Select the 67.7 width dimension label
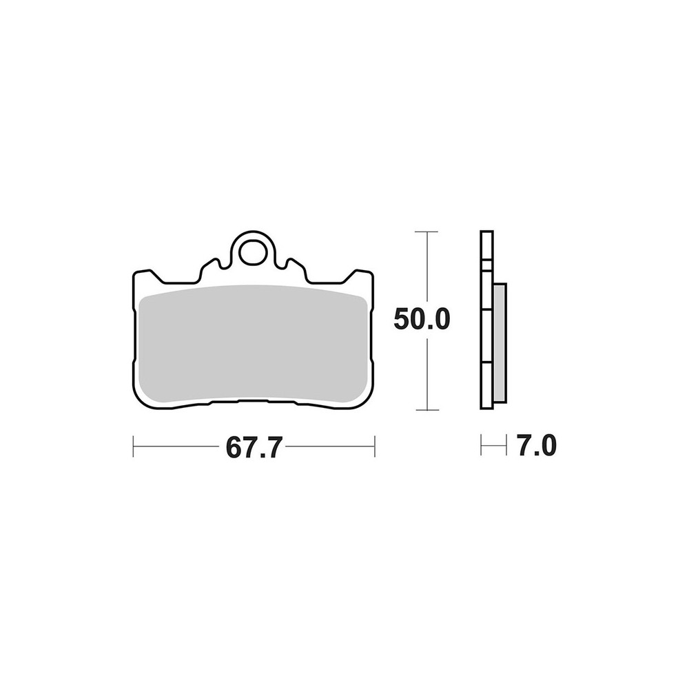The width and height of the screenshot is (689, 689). tap(253, 447)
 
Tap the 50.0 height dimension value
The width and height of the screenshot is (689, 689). tap(422, 319)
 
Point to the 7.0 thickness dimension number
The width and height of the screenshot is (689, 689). tap(537, 446)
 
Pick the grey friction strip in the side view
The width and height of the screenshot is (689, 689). tap(500, 342)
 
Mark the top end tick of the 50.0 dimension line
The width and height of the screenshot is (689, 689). tap(426, 231)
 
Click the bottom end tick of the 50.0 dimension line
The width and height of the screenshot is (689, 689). tap(426, 410)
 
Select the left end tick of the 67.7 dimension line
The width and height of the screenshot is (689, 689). tap(133, 446)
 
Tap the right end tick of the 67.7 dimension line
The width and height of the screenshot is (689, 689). tap(374, 446)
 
